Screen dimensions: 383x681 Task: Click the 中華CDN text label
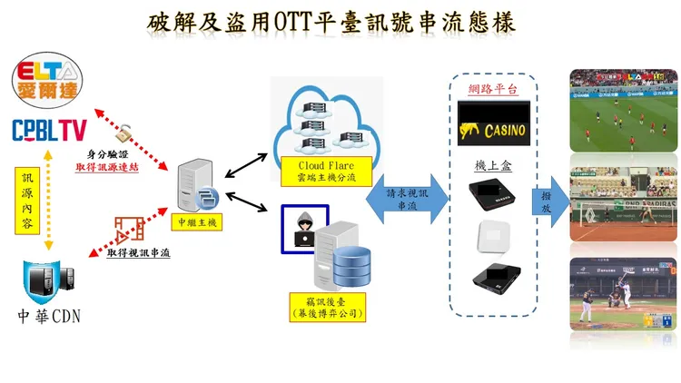(50, 317)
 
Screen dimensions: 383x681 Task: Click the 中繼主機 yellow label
(195, 221)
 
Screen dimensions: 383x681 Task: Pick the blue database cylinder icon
(350, 264)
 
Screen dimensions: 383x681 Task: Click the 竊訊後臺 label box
(325, 306)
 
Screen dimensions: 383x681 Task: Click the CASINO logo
(491, 125)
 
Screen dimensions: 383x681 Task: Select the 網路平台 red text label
(492, 90)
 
